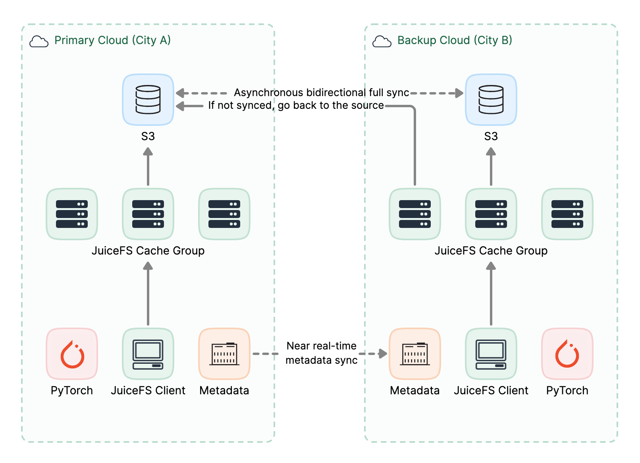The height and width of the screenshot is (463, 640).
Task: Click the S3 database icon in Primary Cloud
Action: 148,100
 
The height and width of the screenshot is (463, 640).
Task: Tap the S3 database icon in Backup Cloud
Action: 491,100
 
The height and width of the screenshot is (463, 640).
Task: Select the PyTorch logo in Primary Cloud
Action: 72,354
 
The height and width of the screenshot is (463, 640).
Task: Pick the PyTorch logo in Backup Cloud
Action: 567,354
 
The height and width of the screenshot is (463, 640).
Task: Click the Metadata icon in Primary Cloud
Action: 224,354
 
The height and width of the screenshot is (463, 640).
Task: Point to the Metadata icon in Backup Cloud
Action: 415,354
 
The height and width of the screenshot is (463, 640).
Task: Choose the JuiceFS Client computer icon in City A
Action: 148,354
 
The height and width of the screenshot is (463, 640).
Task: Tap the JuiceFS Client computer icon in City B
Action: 491,354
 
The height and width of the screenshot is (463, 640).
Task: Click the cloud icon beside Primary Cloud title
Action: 39,41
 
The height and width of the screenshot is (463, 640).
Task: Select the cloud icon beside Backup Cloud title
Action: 382,41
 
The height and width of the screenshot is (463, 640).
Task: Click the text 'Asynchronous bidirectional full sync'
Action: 322,93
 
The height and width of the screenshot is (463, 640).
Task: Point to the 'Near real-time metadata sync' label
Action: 322,353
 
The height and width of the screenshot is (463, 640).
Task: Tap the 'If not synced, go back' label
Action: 296,105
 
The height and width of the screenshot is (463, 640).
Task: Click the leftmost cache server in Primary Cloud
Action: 72,214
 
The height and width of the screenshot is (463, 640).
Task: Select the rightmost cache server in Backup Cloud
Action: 567,214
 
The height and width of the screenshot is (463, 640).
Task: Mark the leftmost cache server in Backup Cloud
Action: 415,214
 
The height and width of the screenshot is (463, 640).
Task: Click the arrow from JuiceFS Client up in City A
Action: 148,293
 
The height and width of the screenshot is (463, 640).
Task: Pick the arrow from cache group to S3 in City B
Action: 491,166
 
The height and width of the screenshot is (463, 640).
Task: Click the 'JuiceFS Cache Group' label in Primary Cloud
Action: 148,251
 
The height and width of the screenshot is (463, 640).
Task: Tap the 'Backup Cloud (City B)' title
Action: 455,40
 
